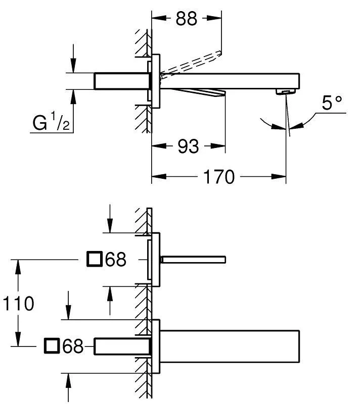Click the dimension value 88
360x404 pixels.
pos(187,19)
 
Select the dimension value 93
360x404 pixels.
pos(188,146)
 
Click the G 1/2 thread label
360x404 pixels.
pos(51,123)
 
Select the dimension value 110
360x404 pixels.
pos(19,304)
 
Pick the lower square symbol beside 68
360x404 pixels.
pos(52,346)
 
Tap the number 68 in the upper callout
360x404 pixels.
pos(116,260)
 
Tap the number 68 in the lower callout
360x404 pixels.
pos(73,346)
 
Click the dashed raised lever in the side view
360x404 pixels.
pos(192,63)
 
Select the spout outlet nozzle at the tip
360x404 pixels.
pos(286,91)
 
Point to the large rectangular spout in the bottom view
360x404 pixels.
pos(230,346)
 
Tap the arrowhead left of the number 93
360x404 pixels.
pos(158,146)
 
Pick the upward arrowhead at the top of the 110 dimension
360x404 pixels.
pos(19,265)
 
